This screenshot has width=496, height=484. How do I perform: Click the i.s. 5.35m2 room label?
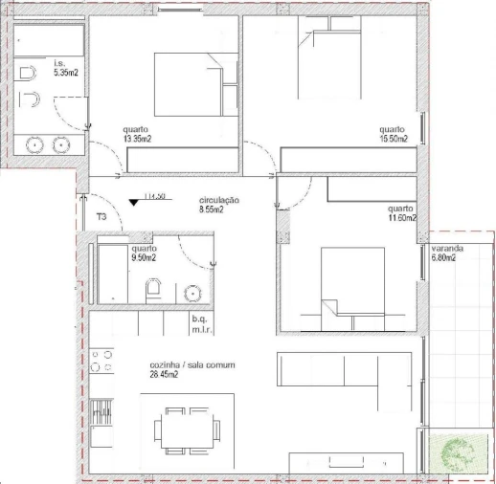pos(65,68)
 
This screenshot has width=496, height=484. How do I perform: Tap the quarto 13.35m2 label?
pos(138,134)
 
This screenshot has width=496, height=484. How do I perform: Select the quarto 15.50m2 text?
pos(393,134)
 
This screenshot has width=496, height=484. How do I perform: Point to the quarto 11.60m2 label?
pos(401,213)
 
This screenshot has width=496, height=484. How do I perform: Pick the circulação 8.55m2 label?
pos(218,204)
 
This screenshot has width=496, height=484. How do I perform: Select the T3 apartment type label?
pos(101,217)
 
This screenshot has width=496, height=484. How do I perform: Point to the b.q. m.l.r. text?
pos(200,323)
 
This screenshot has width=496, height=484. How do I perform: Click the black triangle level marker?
pos(133,201)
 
